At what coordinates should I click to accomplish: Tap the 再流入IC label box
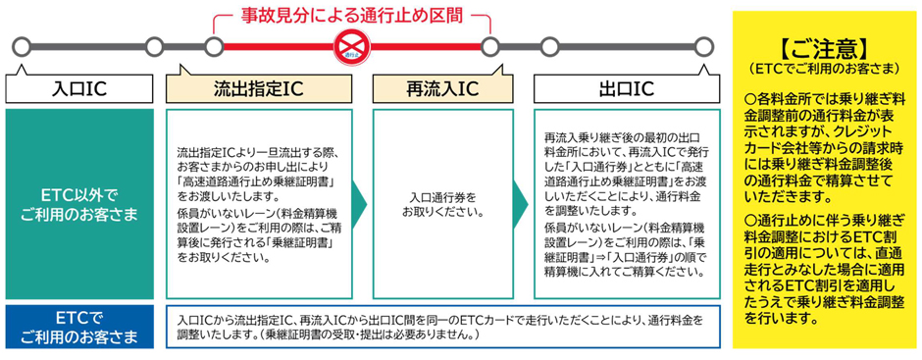(442, 89)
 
